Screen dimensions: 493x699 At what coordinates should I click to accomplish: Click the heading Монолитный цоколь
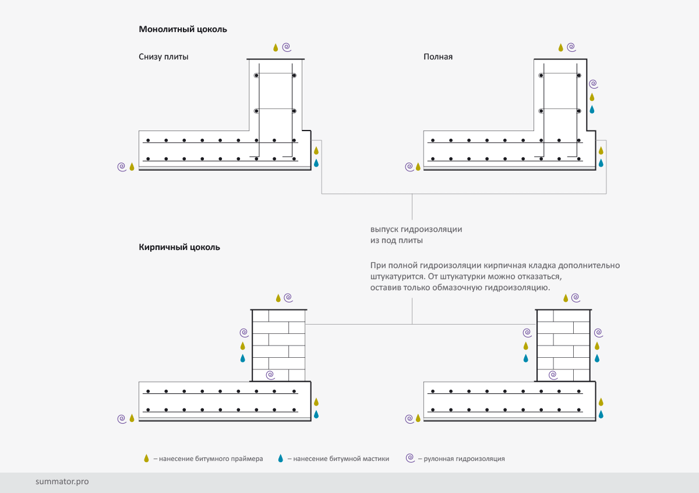[x=183, y=29]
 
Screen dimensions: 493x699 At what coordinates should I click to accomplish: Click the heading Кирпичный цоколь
[x=179, y=247]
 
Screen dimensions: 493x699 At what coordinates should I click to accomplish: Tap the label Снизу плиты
[x=164, y=57]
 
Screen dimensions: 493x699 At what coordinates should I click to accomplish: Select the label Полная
[x=438, y=57]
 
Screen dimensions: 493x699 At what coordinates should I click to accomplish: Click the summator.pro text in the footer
[x=62, y=482]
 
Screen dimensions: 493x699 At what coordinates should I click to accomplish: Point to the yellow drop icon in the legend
[x=146, y=459]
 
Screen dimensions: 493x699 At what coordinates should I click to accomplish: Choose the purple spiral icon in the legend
[x=410, y=458]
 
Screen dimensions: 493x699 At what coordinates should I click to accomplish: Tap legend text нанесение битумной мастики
[x=341, y=459]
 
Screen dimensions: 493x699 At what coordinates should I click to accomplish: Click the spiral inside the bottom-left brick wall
[x=269, y=374]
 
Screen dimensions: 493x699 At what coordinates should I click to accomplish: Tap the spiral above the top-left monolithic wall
[x=287, y=47]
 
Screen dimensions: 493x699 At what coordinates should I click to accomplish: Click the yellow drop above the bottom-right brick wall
[x=565, y=298]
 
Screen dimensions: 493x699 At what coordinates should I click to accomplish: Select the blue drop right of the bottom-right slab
[x=601, y=414]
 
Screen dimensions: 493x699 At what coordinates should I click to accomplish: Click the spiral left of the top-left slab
[x=122, y=167]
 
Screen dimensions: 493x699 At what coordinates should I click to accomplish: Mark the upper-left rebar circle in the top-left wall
[x=256, y=76]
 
